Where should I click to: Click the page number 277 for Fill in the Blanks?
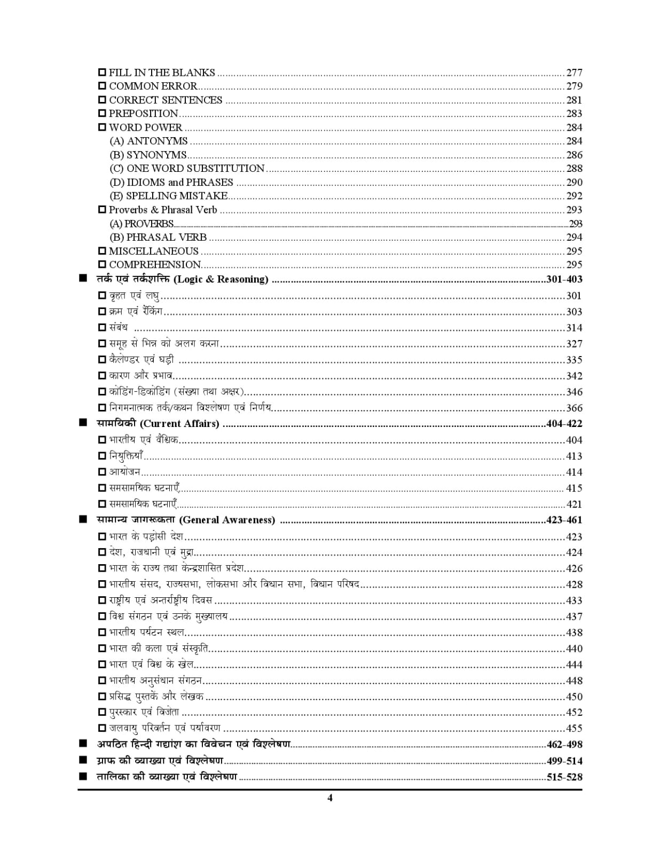click(574, 73)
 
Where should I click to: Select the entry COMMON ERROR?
click(153, 86)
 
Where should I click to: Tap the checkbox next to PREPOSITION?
click(102, 113)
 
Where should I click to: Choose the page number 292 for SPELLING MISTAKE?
click(574, 196)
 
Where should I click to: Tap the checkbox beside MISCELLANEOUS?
click(102, 251)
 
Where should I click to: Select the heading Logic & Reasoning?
click(182, 279)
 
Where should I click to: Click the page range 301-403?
click(564, 279)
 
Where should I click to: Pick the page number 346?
click(574, 392)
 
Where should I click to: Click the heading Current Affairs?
click(158, 424)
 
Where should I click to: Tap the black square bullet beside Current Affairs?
click(83, 423)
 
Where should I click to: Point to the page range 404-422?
click(564, 424)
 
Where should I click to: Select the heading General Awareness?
click(186, 520)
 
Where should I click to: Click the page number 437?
click(574, 616)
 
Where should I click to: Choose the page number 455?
click(574, 728)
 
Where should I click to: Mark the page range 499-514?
click(564, 761)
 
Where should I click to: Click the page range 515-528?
click(564, 777)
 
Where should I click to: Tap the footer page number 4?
click(330, 798)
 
